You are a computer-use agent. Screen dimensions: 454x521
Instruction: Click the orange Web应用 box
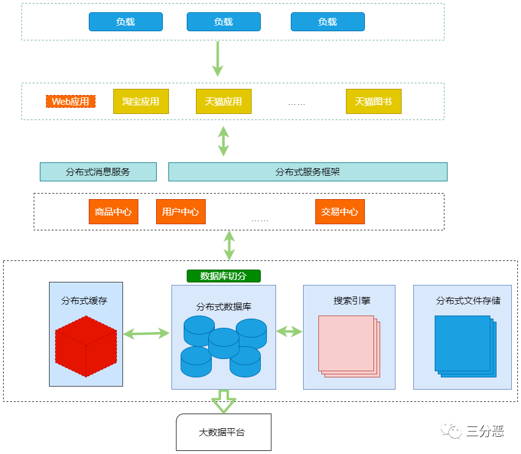click(70, 101)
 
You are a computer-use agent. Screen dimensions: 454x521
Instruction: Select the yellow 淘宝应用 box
click(141, 101)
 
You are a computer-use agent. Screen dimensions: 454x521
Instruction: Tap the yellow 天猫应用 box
click(223, 101)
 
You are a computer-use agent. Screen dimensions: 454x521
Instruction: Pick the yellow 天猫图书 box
click(373, 101)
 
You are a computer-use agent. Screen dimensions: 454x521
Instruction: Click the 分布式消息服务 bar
click(98, 172)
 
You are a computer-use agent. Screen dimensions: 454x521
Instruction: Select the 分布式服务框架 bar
click(307, 172)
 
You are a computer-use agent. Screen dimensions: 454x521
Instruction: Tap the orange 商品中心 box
click(113, 211)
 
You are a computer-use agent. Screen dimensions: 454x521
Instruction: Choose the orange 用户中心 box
click(181, 211)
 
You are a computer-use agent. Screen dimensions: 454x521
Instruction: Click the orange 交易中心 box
click(340, 211)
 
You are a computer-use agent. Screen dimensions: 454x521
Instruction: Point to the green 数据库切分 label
click(223, 276)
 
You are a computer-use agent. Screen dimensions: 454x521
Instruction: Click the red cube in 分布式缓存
click(86, 346)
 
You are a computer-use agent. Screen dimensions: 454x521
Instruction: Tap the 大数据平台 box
click(223, 432)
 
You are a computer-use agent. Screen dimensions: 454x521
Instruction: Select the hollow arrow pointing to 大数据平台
click(223, 401)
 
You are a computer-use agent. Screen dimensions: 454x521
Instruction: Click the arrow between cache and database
click(146, 333)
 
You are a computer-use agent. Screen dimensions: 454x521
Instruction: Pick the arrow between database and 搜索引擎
click(289, 331)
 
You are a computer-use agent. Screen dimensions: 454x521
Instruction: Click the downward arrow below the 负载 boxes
click(217, 58)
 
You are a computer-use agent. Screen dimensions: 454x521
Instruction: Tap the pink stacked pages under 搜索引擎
click(348, 345)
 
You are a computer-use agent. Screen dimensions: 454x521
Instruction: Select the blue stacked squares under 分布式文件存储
click(464, 345)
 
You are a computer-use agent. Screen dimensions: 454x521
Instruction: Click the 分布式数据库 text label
click(223, 306)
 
